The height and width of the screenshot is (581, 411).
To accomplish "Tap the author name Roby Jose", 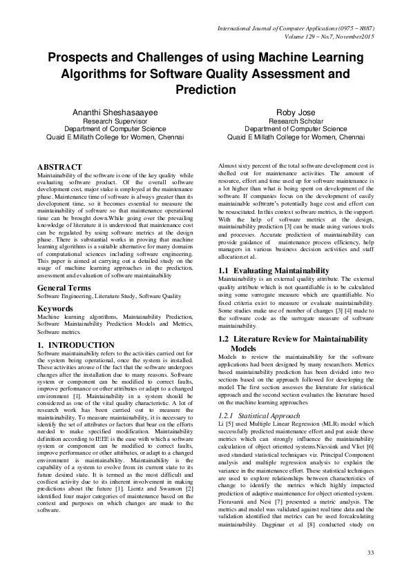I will [296, 111].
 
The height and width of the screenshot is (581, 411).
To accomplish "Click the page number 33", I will [370, 553].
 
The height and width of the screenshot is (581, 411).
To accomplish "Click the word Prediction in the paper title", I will [205, 90].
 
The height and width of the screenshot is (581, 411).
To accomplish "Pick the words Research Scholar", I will [296, 120].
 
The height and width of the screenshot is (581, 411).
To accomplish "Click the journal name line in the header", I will [296, 28].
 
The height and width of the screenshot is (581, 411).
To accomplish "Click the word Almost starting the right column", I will [227, 168].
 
